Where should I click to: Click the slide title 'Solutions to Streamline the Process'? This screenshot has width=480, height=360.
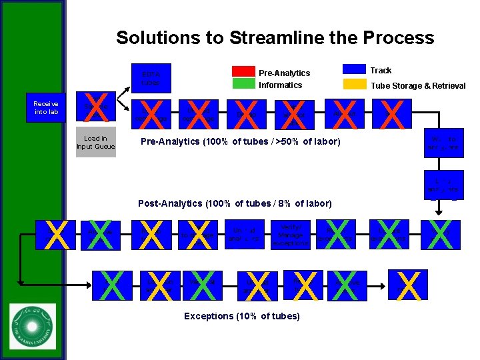tap(275, 37)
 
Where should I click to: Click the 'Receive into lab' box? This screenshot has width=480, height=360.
tap(46, 108)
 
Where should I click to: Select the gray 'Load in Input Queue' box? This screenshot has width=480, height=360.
tap(96, 143)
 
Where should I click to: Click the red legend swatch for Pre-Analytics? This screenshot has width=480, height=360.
tap(243, 71)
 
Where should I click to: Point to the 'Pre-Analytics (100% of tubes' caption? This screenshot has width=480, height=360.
tap(240, 141)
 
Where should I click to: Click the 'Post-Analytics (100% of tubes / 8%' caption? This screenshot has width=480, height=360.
tap(234, 203)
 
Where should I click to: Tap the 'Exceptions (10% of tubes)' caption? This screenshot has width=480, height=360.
tap(241, 315)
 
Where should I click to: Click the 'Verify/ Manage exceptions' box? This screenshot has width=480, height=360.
tap(288, 235)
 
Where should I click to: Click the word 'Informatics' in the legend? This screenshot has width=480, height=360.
tap(280, 85)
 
